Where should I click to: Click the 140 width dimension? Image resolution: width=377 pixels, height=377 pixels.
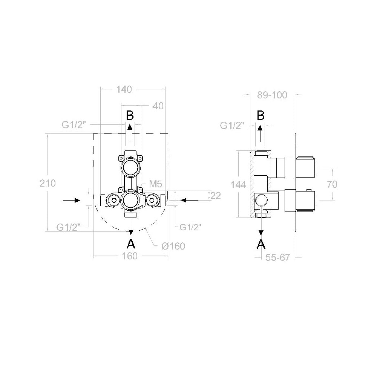tap(124, 90)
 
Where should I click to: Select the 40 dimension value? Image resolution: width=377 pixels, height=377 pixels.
tap(158, 106)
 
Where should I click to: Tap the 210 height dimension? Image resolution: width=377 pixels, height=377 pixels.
tap(48, 183)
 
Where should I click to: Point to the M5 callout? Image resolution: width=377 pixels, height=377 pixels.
tap(155, 184)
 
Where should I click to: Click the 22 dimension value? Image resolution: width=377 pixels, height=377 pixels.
tap(216, 195)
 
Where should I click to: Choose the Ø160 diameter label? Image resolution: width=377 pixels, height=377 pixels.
tap(173, 246)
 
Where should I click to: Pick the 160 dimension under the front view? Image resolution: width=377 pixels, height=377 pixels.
tap(130, 256)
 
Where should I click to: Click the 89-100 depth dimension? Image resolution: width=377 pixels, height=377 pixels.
tap(272, 95)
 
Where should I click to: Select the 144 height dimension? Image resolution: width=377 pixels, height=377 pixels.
tap(239, 185)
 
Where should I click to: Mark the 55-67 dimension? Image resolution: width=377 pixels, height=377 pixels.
tap(277, 257)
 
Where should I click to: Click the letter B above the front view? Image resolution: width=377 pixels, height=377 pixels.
tap(130, 116)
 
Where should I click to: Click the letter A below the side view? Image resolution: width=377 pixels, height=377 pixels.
tap(261, 244)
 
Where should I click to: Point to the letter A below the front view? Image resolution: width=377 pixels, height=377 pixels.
tap(130, 243)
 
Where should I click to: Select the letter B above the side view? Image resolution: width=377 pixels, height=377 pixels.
tap(261, 116)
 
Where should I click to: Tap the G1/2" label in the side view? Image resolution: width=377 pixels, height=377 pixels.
tap(233, 126)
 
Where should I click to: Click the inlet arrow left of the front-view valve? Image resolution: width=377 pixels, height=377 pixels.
tap(72, 200)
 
